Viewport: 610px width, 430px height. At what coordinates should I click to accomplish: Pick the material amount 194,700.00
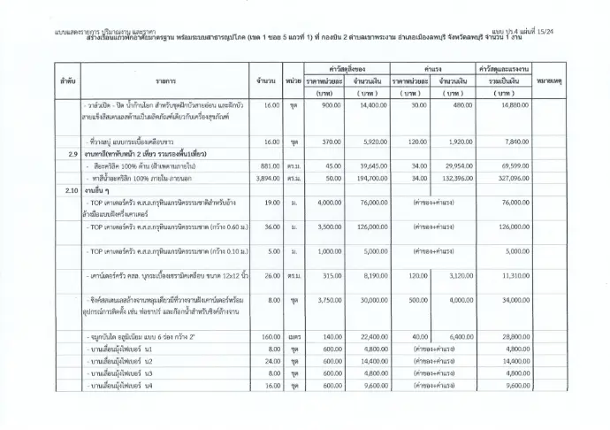[362, 178]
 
